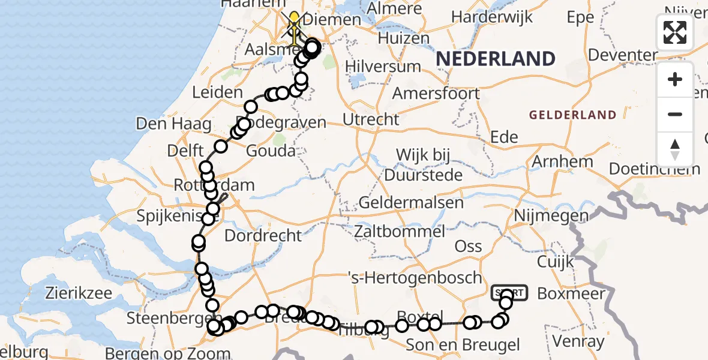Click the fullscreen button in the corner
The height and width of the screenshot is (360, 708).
click(x=675, y=32)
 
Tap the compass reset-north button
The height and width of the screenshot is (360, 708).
click(x=675, y=149)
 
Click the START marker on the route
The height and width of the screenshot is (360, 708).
click(x=509, y=293)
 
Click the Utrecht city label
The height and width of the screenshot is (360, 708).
click(x=371, y=119)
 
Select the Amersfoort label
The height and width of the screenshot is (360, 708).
click(x=436, y=94)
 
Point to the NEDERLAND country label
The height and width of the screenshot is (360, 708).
click(x=495, y=59)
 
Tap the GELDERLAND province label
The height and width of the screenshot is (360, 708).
click(x=572, y=115)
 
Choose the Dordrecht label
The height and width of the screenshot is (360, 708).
click(x=263, y=235)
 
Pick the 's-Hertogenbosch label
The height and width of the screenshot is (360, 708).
click(x=415, y=278)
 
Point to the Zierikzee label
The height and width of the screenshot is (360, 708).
click(x=79, y=293)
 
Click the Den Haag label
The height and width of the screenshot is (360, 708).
click(x=173, y=125)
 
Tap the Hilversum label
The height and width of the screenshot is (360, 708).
click(x=374, y=66)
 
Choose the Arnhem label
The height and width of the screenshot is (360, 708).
click(x=563, y=161)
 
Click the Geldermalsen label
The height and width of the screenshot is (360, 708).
click(x=411, y=203)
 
